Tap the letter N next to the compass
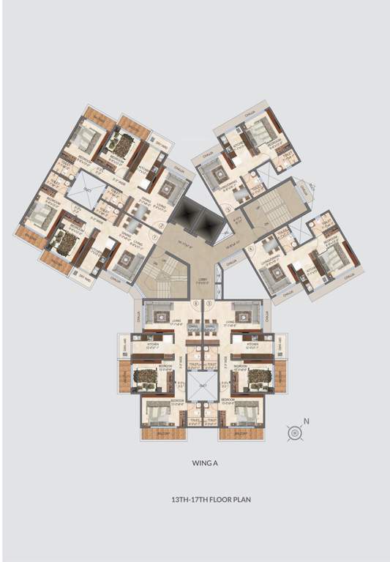[x=307, y=421]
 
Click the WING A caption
[x=195, y=463]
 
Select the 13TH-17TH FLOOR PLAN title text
[x=195, y=501]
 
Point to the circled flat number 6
[x=195, y=302]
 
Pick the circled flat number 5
[x=209, y=302]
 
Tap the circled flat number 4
[x=250, y=247]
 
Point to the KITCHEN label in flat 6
[x=154, y=343]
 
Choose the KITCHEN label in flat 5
[x=252, y=343]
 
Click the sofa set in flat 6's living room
[x=158, y=315]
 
